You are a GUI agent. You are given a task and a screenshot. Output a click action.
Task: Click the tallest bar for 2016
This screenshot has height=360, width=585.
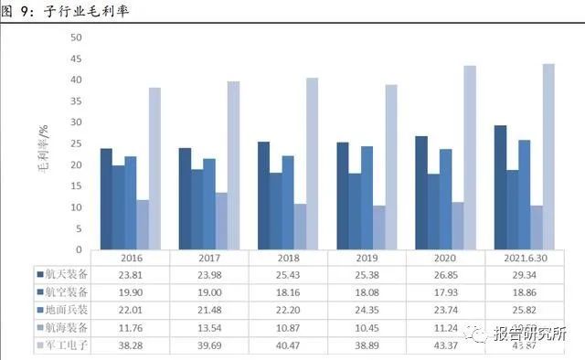(154, 168)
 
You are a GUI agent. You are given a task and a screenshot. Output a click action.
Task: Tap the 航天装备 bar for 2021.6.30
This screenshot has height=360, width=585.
(501, 187)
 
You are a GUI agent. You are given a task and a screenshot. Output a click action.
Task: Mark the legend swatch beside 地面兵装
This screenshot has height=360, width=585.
(40, 310)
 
